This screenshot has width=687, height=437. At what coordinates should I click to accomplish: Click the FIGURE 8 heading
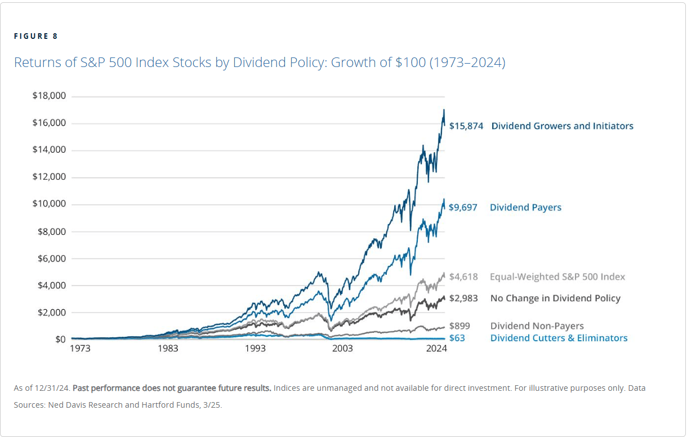35,37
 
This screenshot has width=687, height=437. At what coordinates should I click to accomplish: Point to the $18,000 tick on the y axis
50,96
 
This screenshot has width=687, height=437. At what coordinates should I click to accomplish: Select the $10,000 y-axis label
50,204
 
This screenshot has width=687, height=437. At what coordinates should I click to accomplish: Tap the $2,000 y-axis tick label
52,313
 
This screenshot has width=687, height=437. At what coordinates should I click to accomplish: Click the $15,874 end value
466,126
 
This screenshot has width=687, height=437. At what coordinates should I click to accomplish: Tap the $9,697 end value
463,207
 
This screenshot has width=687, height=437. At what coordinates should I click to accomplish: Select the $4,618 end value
463,277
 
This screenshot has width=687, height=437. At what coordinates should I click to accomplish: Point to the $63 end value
457,338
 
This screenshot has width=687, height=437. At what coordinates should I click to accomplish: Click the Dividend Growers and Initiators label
562,126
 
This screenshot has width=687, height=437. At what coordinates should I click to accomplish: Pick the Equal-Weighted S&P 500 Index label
557,277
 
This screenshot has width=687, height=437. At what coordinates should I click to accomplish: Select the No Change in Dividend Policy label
555,298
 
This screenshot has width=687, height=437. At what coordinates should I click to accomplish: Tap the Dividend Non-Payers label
537,326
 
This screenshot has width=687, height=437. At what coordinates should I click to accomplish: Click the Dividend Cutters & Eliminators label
559,338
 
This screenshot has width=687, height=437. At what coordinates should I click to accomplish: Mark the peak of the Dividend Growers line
444,110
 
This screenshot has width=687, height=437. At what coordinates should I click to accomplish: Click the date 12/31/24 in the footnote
54,389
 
